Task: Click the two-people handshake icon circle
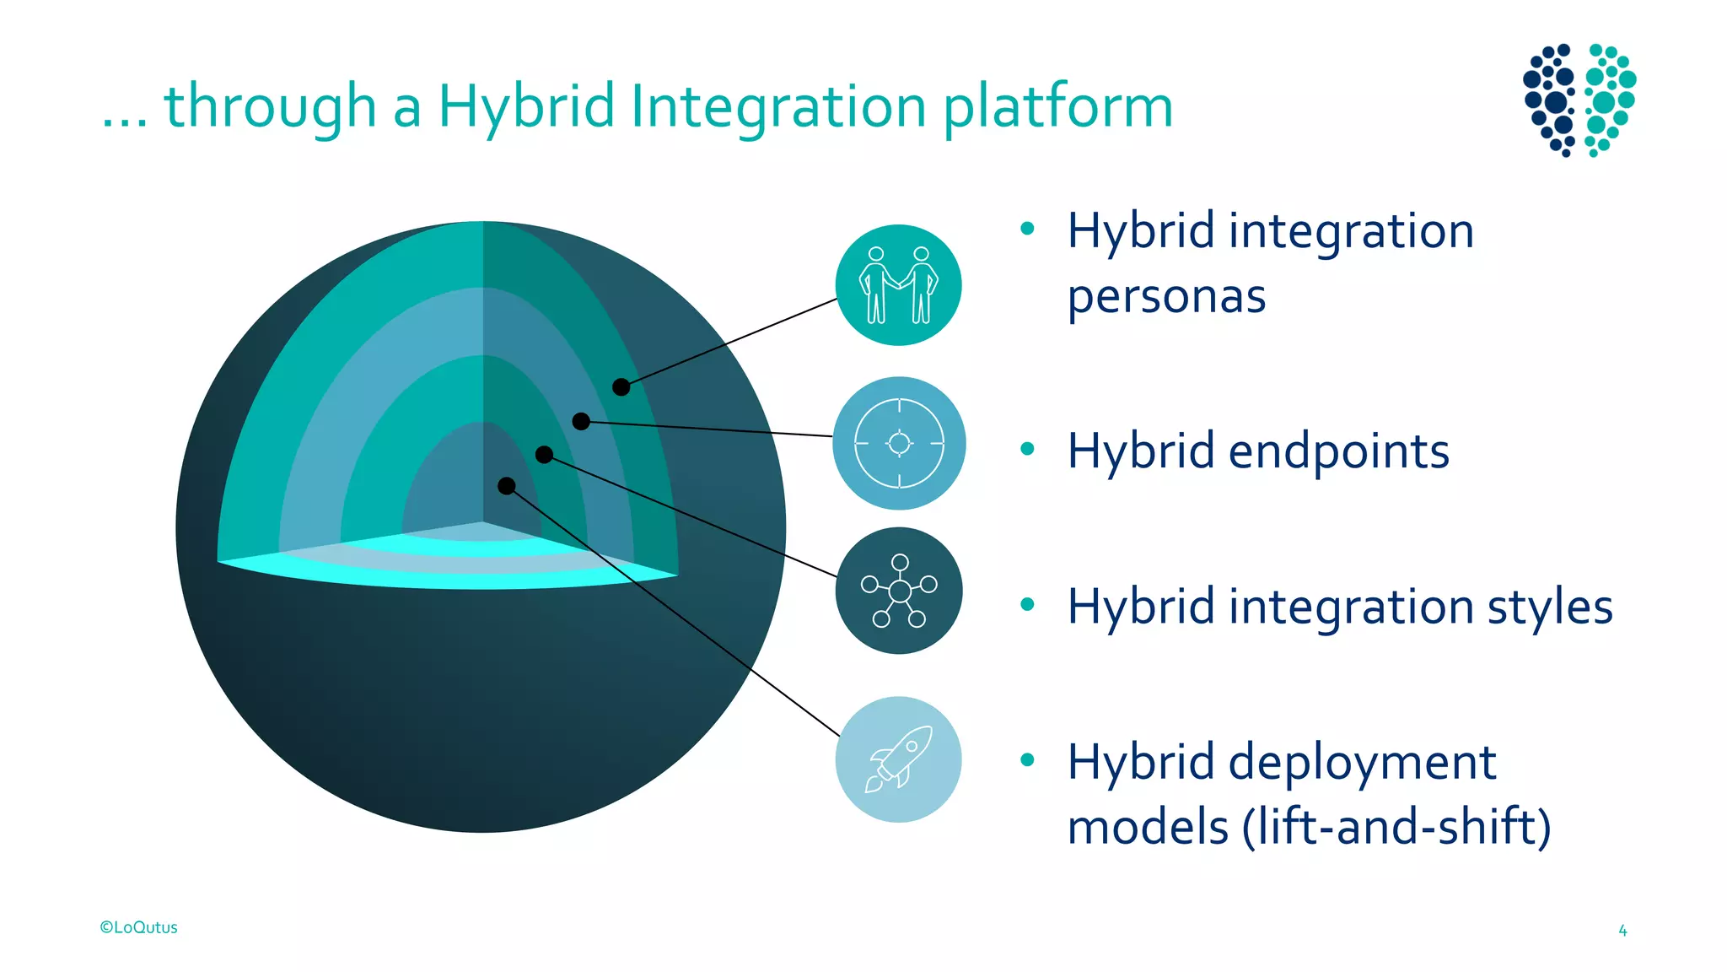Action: click(x=898, y=285)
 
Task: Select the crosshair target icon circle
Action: click(x=899, y=443)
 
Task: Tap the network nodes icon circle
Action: click(x=899, y=591)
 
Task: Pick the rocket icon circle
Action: click(x=899, y=759)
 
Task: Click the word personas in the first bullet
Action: click(x=1166, y=297)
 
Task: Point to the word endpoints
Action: click(x=1338, y=451)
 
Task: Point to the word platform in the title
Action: click(x=1057, y=107)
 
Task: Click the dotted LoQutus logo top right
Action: click(x=1579, y=100)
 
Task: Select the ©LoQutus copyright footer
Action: click(x=139, y=927)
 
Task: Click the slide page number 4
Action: click(x=1622, y=931)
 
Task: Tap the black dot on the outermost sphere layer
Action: click(x=621, y=387)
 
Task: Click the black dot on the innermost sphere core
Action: click(x=506, y=486)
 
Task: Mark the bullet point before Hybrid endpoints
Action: click(x=1026, y=449)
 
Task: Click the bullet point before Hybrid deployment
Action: click(x=1026, y=759)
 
